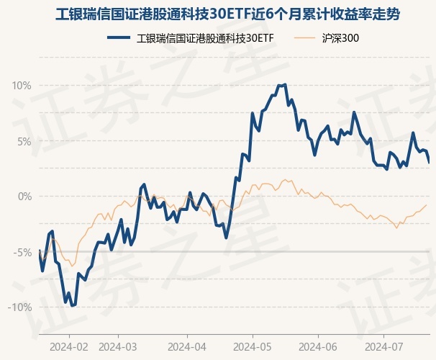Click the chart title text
click(x=218, y=14)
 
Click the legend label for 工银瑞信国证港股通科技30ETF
click(x=206, y=38)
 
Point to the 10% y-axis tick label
click(x=22, y=86)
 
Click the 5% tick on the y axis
click(x=24, y=141)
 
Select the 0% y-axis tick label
click(x=24, y=197)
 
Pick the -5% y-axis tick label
click(x=22, y=252)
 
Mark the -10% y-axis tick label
click(x=19, y=307)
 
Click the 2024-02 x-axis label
click(x=69, y=346)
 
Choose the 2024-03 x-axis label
click(x=118, y=346)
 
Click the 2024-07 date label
click(x=383, y=346)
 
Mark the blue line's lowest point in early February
click(x=72, y=306)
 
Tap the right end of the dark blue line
click(x=429, y=163)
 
